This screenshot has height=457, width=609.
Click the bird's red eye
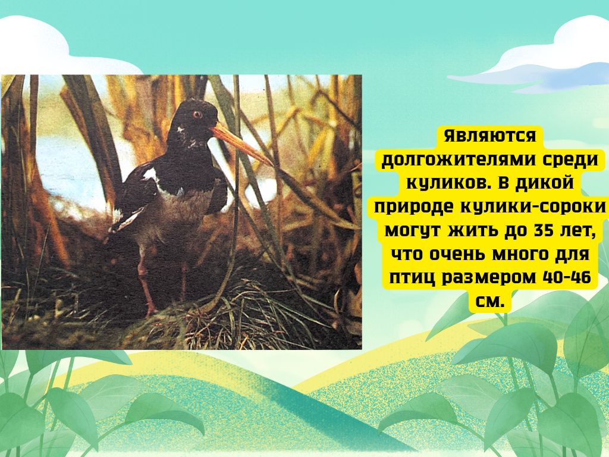[x=197, y=114]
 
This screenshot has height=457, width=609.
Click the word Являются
[x=490, y=136]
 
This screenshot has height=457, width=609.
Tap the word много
[x=521, y=255]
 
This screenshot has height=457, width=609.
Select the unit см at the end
[x=490, y=302]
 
